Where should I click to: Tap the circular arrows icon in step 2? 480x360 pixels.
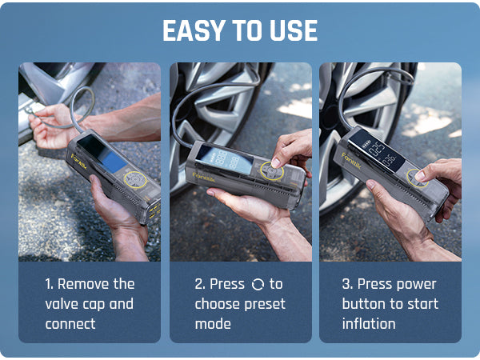[x=257, y=285]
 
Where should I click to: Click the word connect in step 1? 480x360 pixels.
[x=70, y=324]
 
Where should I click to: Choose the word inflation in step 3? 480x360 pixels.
[x=369, y=324]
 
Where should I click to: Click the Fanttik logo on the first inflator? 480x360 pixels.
[x=78, y=162]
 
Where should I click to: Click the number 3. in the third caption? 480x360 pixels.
[x=346, y=284]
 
